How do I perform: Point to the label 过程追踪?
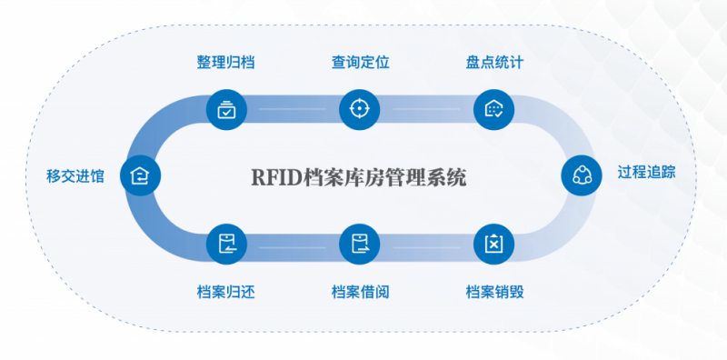point(646,173)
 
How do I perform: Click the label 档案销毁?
point(494,293)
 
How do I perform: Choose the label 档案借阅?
point(360,293)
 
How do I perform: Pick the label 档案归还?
point(225,293)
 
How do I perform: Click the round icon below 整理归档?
point(224,109)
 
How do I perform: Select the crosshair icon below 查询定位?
point(359,109)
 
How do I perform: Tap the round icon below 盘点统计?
point(493,109)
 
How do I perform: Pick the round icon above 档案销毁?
point(494,243)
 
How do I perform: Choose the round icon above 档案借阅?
point(360,243)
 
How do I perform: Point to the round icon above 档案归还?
point(225,243)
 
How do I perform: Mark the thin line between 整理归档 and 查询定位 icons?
point(292,109)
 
